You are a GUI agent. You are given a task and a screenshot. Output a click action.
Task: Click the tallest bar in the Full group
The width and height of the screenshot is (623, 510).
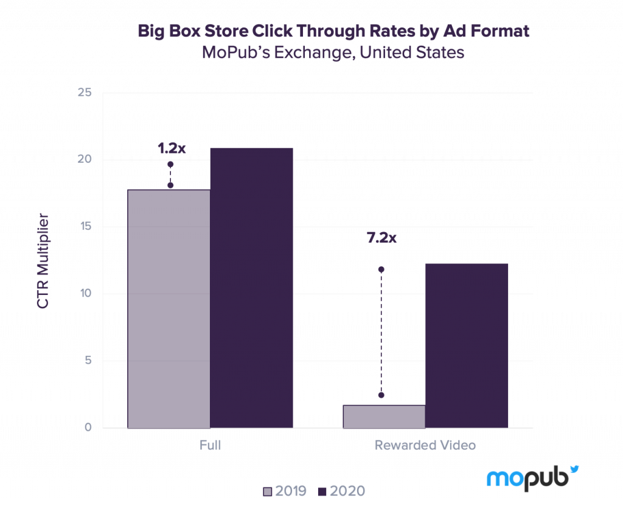point(251,286)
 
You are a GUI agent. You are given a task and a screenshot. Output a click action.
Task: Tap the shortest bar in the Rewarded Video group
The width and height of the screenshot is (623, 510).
point(383,416)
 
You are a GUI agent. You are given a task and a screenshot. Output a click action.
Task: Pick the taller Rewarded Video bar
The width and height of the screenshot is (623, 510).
point(467,345)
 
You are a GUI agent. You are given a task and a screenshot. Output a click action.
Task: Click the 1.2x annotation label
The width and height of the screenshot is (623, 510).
point(172,149)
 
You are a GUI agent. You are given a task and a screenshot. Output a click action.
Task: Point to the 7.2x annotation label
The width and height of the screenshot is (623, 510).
point(381,238)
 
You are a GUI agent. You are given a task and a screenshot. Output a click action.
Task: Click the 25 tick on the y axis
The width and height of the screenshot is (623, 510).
point(84,93)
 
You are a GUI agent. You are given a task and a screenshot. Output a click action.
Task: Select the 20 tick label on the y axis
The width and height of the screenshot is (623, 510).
point(84,160)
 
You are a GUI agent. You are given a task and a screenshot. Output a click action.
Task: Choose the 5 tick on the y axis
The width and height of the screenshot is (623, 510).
point(88,361)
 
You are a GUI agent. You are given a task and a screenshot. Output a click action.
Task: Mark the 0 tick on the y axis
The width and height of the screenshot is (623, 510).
point(88,428)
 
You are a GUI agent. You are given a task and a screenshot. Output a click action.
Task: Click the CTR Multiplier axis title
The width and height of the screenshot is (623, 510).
point(43,261)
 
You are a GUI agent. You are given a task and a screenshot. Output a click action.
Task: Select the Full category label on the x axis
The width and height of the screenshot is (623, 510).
point(210,445)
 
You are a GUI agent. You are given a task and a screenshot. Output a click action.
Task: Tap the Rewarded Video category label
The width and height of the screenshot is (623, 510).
point(425,445)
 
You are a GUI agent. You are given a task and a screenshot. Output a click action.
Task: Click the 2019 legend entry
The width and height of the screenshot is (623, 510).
point(285,491)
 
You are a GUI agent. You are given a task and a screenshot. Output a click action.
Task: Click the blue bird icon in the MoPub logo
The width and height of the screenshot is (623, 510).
point(573,470)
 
